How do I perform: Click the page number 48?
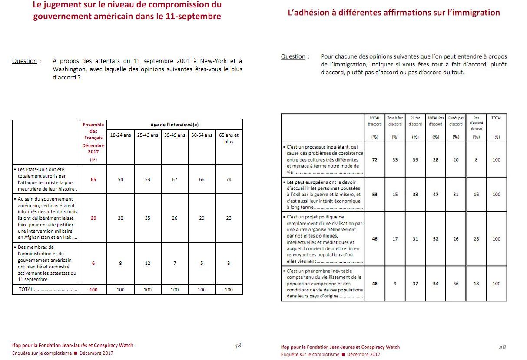237,346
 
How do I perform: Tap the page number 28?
502,347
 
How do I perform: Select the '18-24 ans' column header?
120,135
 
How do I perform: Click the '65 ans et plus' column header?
229,138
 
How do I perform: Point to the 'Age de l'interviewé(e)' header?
174,125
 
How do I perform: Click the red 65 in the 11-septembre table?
93,179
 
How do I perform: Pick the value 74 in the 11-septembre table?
229,179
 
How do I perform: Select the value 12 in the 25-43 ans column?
148,263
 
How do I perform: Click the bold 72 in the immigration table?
375,160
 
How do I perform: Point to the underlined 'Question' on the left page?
25,61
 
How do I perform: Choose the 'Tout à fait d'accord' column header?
395,121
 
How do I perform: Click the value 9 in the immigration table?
395,284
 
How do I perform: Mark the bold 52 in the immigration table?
435,239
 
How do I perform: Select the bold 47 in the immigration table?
435,195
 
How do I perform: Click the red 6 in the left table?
93,263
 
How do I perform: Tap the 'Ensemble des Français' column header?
93,131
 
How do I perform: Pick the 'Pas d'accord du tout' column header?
476,123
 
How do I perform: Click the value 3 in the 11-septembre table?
229,263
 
